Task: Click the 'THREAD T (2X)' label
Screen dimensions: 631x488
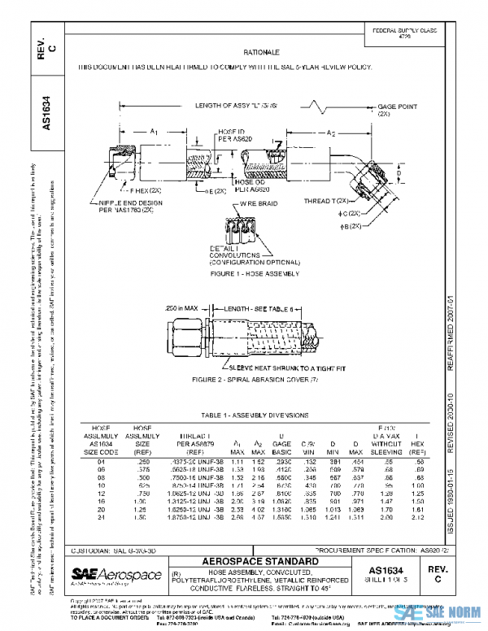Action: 328,200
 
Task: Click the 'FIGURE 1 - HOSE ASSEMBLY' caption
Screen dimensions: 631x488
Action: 244,273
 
